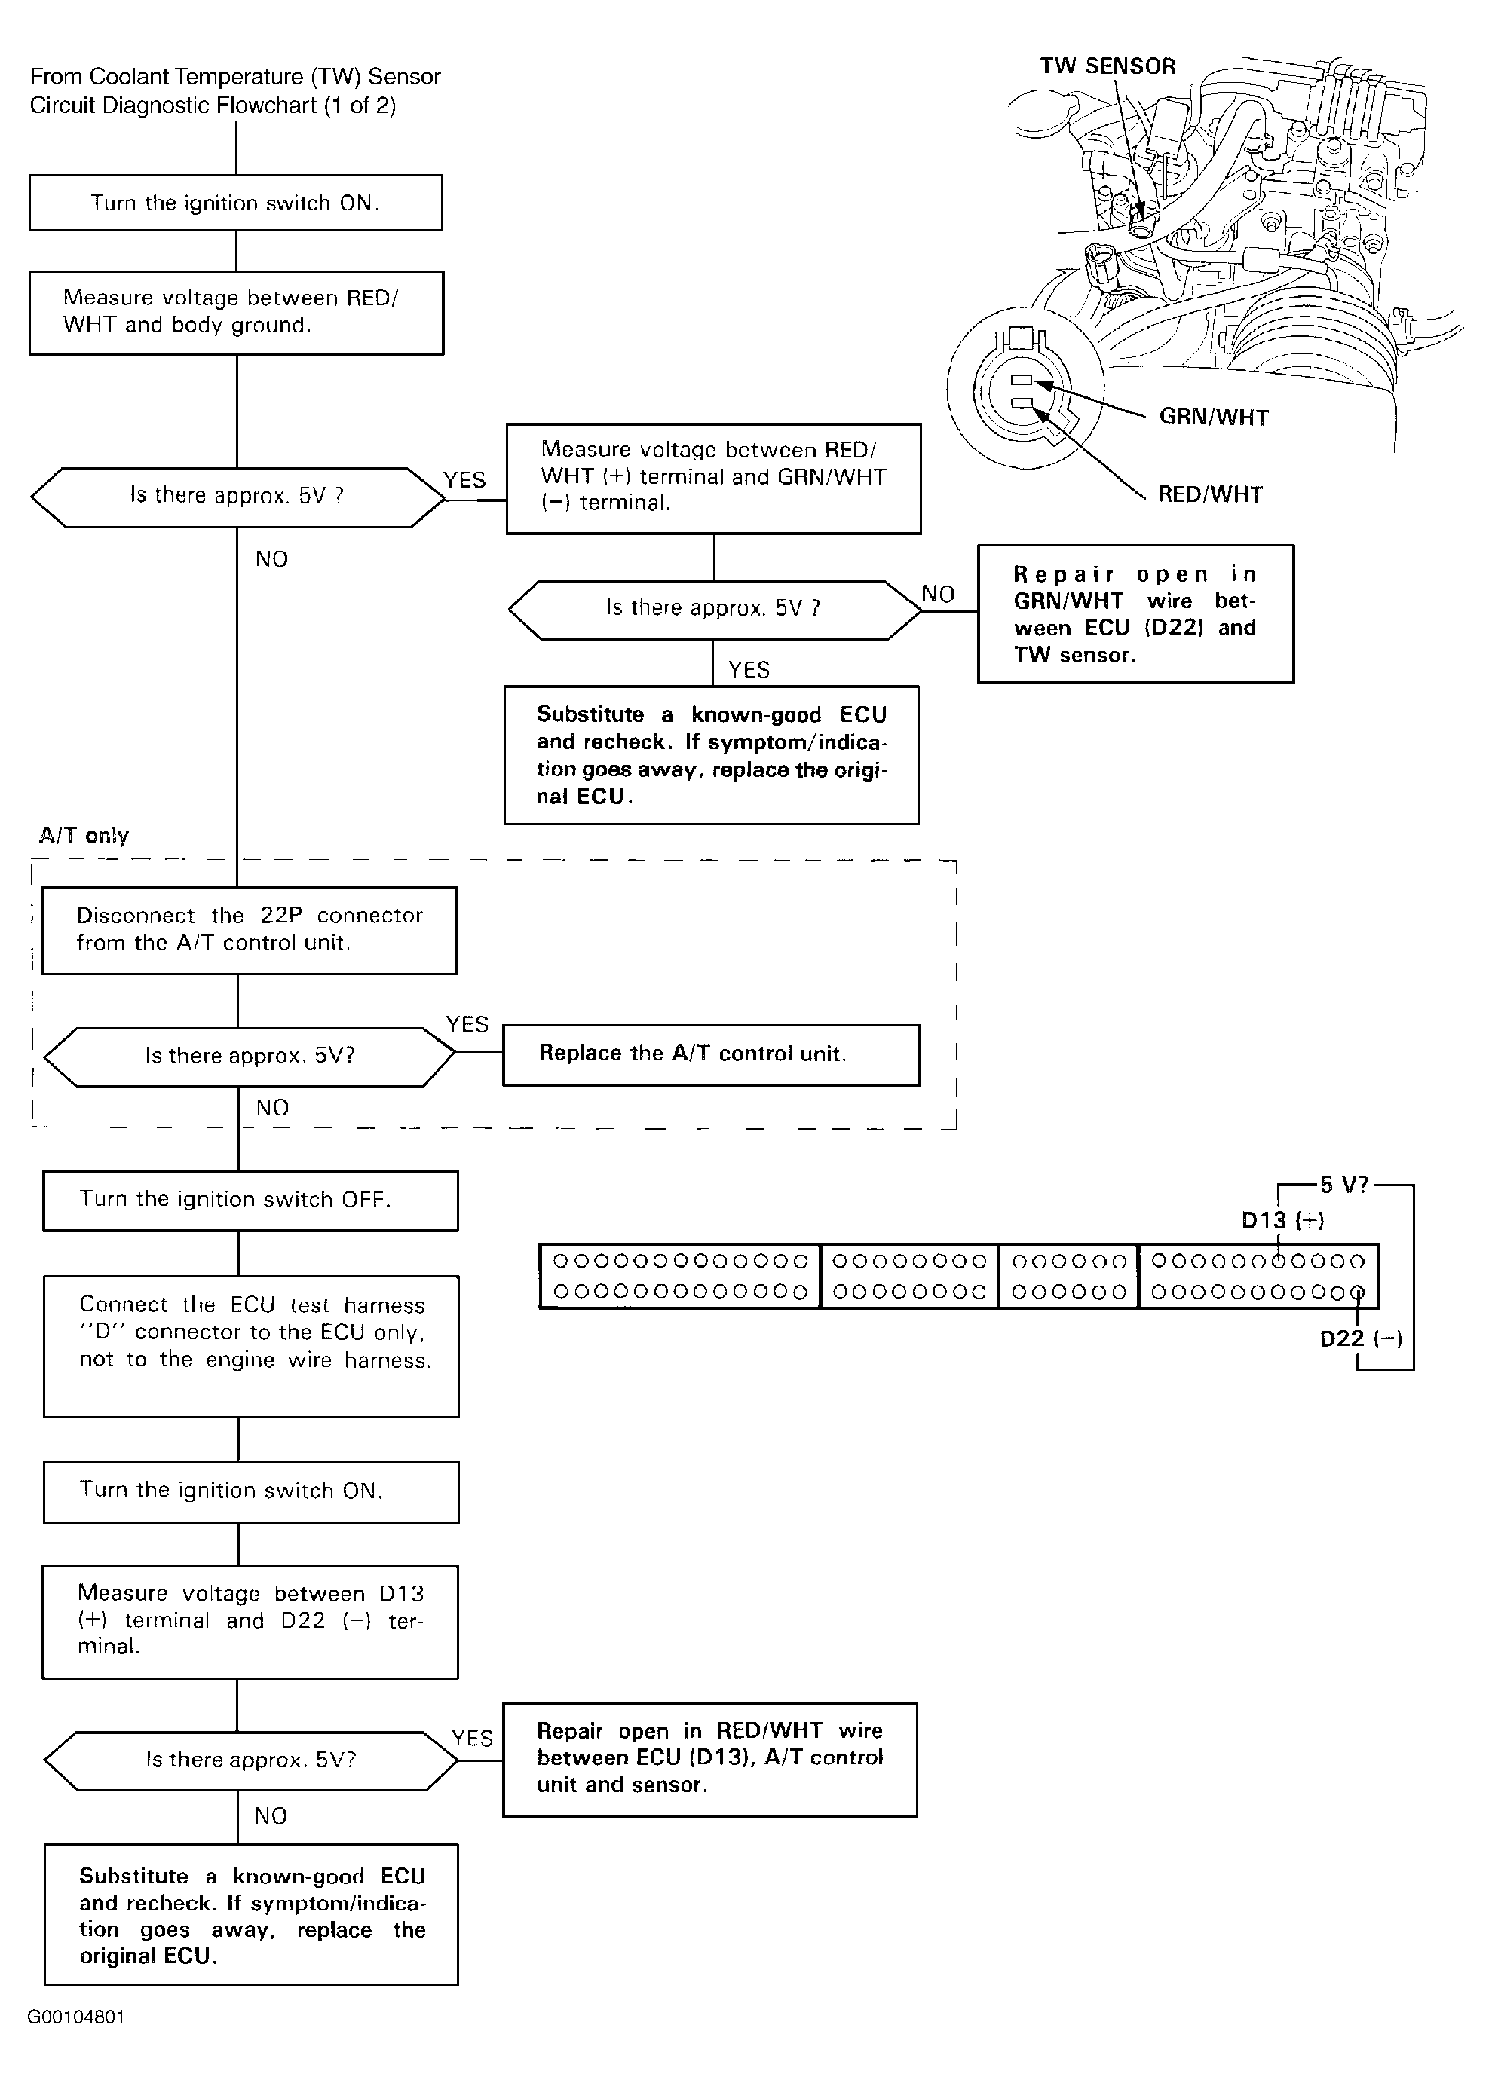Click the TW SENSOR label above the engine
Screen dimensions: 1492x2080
(x=1108, y=66)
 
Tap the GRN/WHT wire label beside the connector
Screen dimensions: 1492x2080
(x=1213, y=418)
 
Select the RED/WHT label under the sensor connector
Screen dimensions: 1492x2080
(x=1209, y=494)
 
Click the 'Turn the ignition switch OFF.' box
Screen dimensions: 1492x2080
(x=250, y=1201)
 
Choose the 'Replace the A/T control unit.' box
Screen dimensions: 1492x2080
(x=711, y=1054)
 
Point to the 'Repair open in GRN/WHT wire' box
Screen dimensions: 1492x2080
(x=1136, y=613)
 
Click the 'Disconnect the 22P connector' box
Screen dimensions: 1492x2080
(x=249, y=930)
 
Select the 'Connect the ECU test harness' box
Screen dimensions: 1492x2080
(x=250, y=1346)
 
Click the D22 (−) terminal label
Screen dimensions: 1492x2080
(x=1361, y=1339)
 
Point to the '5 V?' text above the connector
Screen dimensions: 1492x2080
(x=1344, y=1185)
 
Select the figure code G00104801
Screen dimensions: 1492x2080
(x=76, y=2017)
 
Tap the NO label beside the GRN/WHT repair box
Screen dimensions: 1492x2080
(x=938, y=595)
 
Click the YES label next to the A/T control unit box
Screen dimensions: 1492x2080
(x=467, y=1024)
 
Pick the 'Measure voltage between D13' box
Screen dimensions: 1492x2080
(x=250, y=1622)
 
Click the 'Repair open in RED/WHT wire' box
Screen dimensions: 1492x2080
(x=710, y=1760)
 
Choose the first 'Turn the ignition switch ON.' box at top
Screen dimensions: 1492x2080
(x=236, y=203)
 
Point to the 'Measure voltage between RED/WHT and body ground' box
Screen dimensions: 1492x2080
(x=237, y=313)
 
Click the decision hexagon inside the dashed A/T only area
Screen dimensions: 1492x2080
(x=250, y=1057)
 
